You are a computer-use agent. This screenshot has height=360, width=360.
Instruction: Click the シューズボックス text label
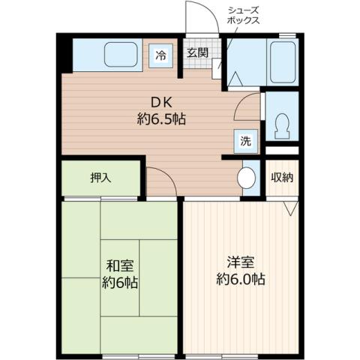pyautogui.click(x=244, y=16)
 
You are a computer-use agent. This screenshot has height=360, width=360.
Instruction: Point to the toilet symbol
pyautogui.click(x=283, y=127)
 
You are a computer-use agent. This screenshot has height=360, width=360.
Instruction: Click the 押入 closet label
pyautogui.click(x=100, y=178)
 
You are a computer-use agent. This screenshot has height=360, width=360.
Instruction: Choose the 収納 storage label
pyautogui.click(x=282, y=178)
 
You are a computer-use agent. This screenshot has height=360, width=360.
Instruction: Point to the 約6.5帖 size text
pyautogui.click(x=162, y=119)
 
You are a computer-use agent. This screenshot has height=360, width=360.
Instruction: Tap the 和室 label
pyautogui.click(x=119, y=265)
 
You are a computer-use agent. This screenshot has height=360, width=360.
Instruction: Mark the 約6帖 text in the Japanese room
pyautogui.click(x=119, y=283)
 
